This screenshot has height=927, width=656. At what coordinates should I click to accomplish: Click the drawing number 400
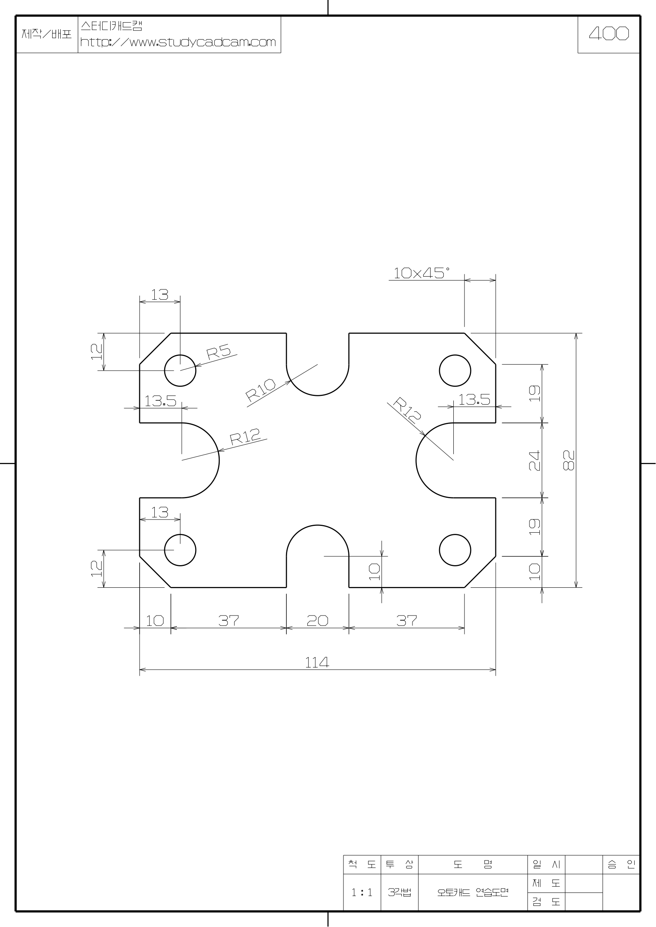click(609, 34)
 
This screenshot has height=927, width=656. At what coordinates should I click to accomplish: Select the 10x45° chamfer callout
click(421, 273)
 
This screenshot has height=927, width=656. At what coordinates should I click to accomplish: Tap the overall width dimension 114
click(317, 663)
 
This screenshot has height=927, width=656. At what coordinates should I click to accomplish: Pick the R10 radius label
click(261, 390)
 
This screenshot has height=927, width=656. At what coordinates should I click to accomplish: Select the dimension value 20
click(318, 621)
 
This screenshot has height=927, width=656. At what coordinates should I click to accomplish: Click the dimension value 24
click(534, 460)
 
